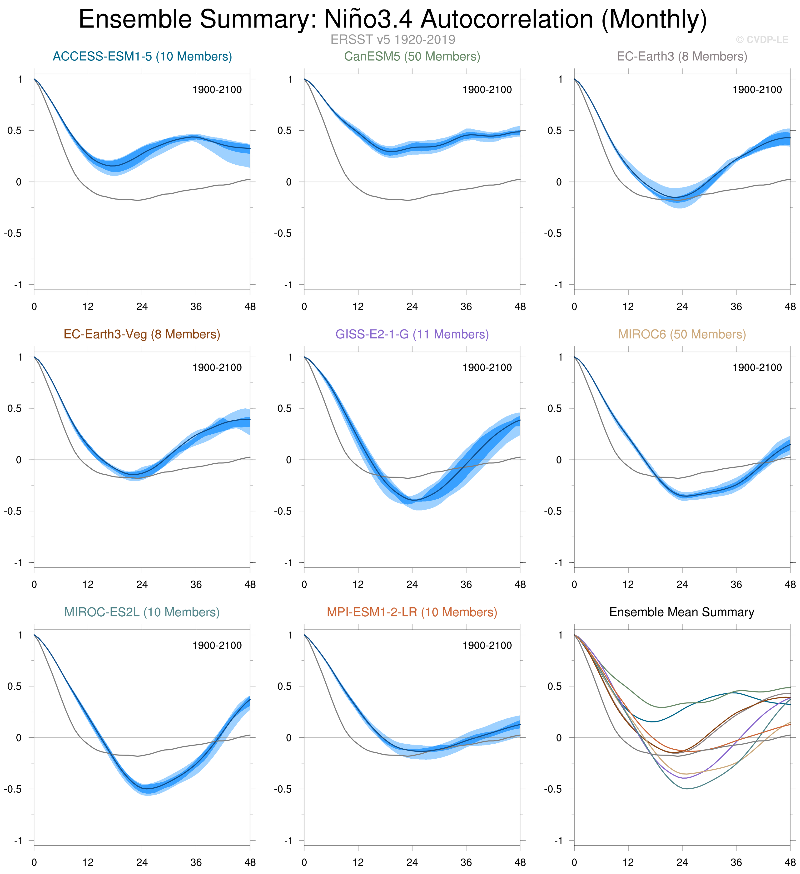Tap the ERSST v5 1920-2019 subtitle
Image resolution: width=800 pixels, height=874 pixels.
point(393,39)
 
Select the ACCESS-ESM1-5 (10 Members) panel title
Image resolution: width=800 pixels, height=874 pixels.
point(142,56)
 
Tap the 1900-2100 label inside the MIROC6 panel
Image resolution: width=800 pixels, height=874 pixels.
point(757,368)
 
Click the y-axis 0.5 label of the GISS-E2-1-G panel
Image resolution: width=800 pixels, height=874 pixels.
point(285,408)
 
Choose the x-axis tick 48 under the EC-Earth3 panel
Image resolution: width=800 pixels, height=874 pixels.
point(790,307)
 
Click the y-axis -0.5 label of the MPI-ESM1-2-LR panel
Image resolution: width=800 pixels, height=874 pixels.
point(283,789)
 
